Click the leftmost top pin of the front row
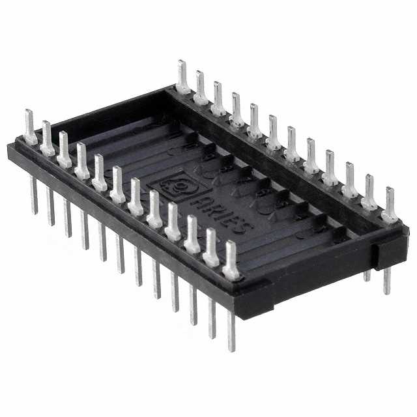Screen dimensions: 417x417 click(30, 127)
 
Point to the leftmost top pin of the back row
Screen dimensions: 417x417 click(182, 77)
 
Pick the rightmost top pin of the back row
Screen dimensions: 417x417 click(390, 205)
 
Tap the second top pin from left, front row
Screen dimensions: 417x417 click(48, 138)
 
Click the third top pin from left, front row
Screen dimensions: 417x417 click(65, 149)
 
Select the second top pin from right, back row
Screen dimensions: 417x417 click(369, 193)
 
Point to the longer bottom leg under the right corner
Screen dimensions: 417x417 click(387, 280)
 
